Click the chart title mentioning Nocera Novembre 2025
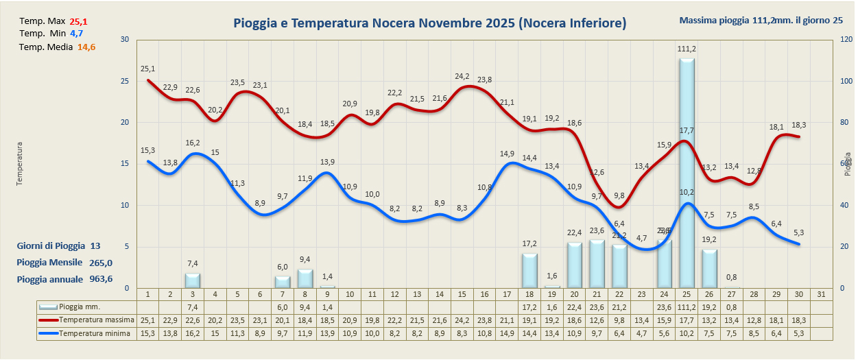point(429,24)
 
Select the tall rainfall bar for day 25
point(687,171)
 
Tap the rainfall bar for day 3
point(193,280)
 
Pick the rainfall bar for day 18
point(529,270)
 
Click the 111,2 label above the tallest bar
point(687,49)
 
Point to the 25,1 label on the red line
point(147,69)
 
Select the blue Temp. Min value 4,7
point(76,33)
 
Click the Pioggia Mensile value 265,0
point(101,262)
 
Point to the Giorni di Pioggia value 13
point(95,245)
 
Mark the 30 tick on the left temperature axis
point(125,40)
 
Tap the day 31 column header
point(821,293)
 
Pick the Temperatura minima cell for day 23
point(641,333)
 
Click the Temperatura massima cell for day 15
point(462,320)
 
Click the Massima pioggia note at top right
point(761,20)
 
